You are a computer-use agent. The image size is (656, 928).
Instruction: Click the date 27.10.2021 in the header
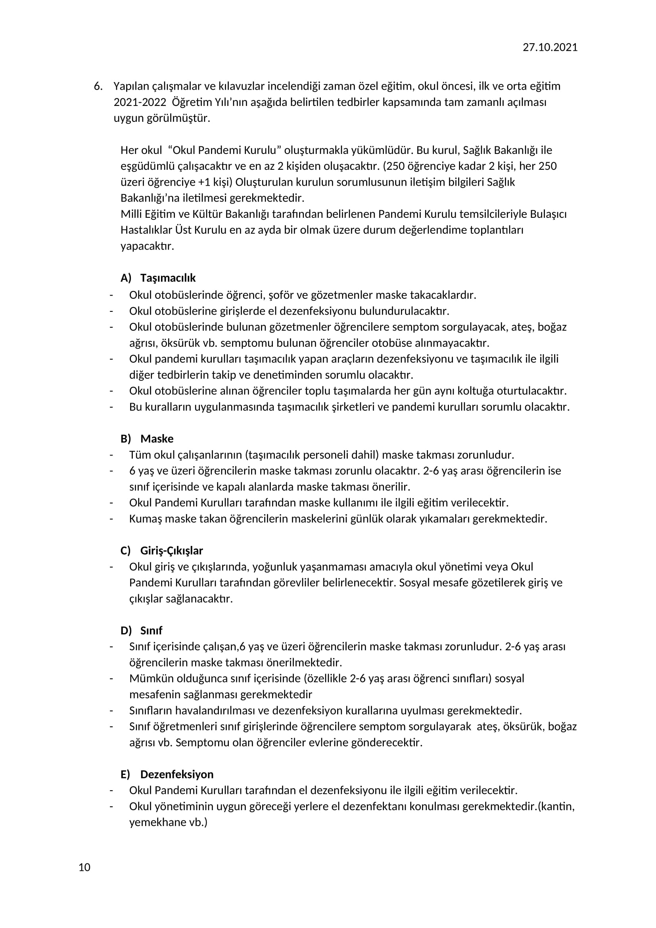[550, 48]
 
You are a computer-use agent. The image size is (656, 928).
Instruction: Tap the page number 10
[84, 867]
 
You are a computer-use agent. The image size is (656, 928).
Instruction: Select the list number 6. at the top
[98, 86]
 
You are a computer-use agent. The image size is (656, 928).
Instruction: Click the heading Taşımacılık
[168, 278]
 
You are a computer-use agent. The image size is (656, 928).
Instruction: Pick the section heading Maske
[157, 439]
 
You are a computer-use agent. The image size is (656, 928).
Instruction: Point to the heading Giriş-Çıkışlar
[171, 551]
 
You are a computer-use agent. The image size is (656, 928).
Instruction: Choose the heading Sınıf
[151, 631]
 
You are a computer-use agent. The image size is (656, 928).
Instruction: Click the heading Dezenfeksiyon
[177, 774]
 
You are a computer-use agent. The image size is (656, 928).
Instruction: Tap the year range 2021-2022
[140, 102]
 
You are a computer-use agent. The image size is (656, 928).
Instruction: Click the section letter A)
[126, 278]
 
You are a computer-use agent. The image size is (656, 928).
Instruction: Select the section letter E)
[125, 774]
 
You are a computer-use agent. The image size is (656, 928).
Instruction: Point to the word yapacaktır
[147, 246]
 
